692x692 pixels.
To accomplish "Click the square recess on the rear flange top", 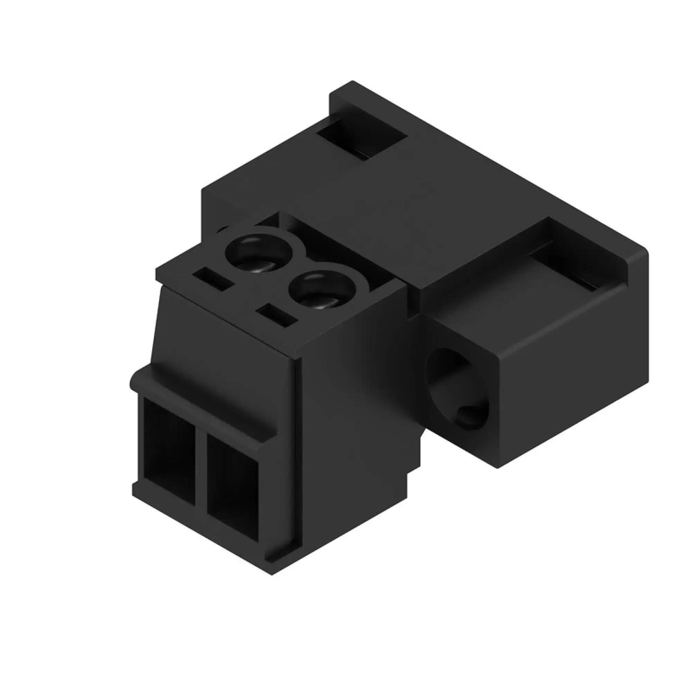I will click(x=362, y=140).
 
